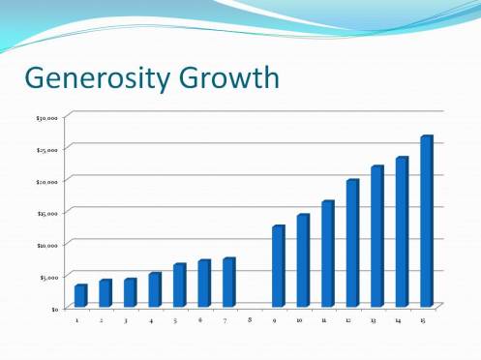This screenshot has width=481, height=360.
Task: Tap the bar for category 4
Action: coord(154,290)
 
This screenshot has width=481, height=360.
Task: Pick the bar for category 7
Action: coord(228,283)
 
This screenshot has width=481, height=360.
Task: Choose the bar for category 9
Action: coord(278,266)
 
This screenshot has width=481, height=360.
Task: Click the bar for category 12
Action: coord(352,243)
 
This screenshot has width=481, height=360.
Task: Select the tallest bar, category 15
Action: coord(426,222)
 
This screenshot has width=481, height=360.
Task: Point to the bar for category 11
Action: coord(327,254)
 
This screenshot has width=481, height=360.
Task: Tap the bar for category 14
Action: coord(402,232)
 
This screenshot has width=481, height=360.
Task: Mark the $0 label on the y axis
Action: coord(55,308)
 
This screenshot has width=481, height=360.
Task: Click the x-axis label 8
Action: coord(250,319)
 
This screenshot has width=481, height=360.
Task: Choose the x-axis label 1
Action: coord(76,319)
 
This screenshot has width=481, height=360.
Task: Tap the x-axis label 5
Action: coord(175,319)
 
